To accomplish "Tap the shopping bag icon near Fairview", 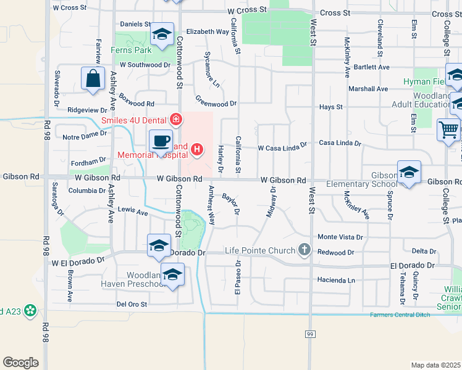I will point(93,79).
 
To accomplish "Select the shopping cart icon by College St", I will point(448,130).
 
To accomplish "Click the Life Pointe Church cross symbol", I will point(303,249).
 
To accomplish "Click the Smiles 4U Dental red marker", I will point(176,119).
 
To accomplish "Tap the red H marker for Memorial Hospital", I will point(197,149).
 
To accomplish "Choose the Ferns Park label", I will point(131,50).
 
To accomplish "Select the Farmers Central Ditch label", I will point(398,315).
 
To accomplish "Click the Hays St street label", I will point(331,107).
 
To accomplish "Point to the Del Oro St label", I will point(132,304).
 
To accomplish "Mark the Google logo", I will point(20,363).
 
